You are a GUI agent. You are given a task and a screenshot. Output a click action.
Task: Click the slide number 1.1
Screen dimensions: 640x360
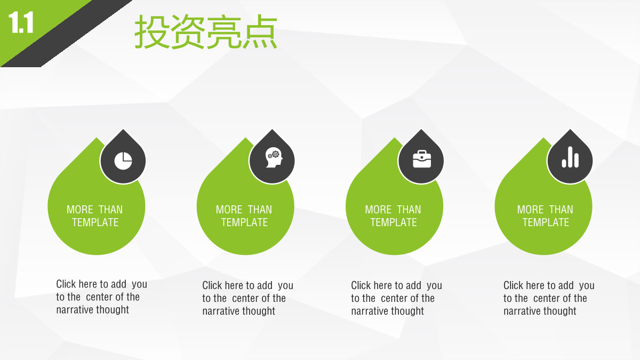[21, 22]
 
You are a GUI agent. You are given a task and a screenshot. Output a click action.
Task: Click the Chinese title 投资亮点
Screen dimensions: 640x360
[206, 31]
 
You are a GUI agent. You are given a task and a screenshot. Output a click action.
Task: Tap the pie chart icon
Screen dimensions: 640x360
[123, 161]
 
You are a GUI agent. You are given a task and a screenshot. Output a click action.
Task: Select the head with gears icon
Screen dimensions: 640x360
[274, 157]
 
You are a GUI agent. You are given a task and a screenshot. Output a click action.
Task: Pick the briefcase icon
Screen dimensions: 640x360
[422, 159]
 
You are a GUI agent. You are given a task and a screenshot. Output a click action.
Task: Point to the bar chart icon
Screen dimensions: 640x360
[570, 157]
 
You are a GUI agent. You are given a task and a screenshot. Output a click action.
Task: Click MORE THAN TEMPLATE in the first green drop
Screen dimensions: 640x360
[95, 216]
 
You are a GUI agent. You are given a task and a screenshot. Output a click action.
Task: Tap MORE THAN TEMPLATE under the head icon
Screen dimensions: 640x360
[244, 216]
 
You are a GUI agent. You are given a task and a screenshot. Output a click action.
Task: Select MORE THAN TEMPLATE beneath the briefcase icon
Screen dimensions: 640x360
[393, 216]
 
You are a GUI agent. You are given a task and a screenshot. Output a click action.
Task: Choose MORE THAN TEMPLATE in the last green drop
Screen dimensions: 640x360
[545, 216]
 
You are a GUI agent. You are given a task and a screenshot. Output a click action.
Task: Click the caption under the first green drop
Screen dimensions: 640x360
[101, 297]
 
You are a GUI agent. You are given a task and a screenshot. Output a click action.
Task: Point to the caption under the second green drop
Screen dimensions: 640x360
[247, 298]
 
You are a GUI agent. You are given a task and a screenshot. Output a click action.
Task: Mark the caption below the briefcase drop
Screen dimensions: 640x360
[397, 298]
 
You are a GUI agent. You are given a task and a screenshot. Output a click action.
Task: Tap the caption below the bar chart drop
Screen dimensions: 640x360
[549, 298]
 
